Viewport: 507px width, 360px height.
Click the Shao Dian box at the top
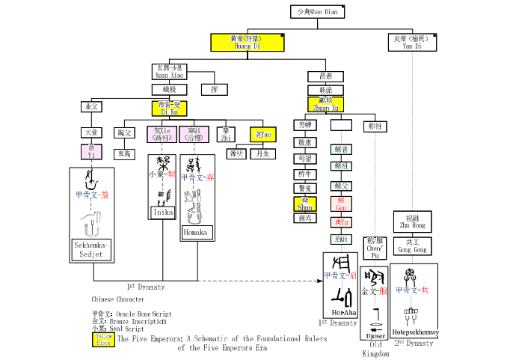point(317,12)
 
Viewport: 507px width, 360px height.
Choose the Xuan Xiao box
point(169,71)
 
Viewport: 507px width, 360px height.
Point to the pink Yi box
point(90,152)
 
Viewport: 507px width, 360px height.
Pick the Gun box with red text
point(341,204)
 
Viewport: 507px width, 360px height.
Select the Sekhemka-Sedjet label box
point(92,248)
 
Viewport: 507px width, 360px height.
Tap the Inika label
point(163,212)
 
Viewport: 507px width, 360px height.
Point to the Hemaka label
point(197,233)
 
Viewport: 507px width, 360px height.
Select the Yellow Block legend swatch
point(103,339)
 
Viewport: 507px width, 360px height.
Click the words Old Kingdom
point(375,349)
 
